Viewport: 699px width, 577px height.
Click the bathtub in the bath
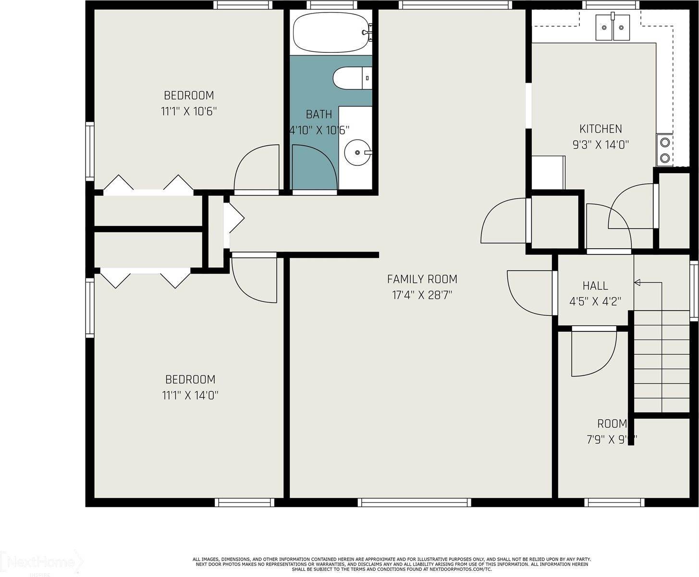[x=331, y=32]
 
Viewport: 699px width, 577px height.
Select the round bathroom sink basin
[x=357, y=152]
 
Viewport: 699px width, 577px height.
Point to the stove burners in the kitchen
[x=665, y=150]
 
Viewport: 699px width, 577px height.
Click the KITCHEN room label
[x=601, y=129]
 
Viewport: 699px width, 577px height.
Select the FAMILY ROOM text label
[x=422, y=279]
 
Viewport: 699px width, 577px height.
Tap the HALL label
[x=595, y=286]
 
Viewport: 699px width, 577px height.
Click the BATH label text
[x=319, y=114]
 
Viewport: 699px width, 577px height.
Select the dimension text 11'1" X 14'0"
[x=190, y=396]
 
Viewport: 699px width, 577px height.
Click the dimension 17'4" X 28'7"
[x=422, y=295]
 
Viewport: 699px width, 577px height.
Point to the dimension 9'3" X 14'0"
[x=601, y=145]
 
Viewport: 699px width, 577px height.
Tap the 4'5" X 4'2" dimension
[x=595, y=301]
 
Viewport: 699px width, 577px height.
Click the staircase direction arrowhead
[x=638, y=283]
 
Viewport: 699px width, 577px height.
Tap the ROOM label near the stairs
[x=612, y=424]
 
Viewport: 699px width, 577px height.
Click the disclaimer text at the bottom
[x=392, y=564]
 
